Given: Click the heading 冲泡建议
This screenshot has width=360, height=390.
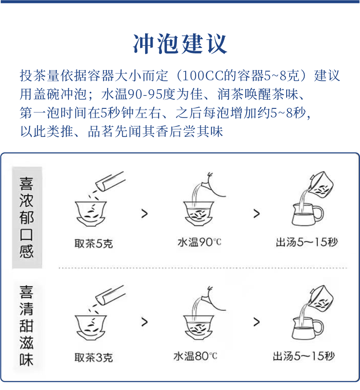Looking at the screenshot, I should pos(180,43).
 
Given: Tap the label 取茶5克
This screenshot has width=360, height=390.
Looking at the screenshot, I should pos(93,243).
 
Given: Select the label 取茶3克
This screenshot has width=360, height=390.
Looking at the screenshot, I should pos(93,357).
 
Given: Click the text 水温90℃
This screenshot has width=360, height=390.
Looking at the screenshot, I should pos(199,242).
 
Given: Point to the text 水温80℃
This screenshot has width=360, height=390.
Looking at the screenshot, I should pos(195,356).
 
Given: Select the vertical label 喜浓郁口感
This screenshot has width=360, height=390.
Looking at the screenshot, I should pos(27,217).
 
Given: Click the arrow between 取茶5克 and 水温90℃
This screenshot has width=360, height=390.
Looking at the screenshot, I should pos(144,214).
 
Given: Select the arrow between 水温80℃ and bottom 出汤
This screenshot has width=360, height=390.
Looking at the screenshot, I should pos(256,322).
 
